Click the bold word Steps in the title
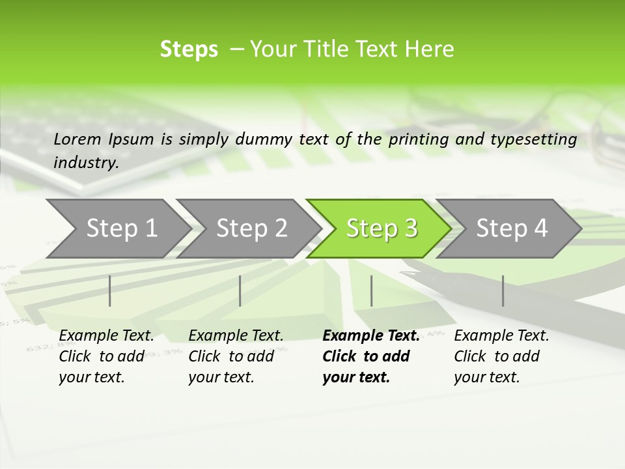(x=189, y=50)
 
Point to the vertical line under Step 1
(x=110, y=291)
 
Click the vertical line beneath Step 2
(x=240, y=291)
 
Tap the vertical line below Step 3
(x=371, y=291)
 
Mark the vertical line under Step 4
(x=503, y=291)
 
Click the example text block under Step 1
(x=106, y=356)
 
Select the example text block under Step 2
(x=236, y=356)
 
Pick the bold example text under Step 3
(x=370, y=356)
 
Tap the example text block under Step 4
(x=501, y=356)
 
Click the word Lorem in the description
(x=77, y=139)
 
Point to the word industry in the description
(x=85, y=162)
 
